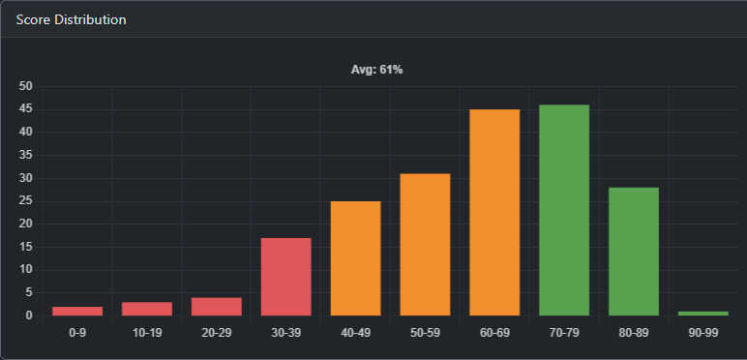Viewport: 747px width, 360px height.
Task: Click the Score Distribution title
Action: [x=71, y=19]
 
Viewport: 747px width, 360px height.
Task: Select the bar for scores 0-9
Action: [x=77, y=311]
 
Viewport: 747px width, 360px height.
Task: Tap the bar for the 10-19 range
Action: [x=147, y=309]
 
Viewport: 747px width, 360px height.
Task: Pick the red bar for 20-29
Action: [x=217, y=306]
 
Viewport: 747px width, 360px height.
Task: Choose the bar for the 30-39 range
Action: [x=286, y=277]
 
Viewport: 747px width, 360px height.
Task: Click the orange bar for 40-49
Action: [x=355, y=258]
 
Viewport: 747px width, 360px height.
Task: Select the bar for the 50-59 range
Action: [x=425, y=245]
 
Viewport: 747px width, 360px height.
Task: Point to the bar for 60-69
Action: [x=494, y=213]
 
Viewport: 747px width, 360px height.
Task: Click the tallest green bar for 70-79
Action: [x=564, y=210]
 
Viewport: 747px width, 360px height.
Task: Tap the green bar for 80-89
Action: [x=634, y=252]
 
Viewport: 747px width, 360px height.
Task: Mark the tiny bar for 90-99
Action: [x=703, y=313]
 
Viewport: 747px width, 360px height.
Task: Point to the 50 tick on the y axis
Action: [x=26, y=86]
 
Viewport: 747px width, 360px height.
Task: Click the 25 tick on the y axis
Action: [x=26, y=201]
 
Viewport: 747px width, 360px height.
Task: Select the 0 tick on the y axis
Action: [x=29, y=315]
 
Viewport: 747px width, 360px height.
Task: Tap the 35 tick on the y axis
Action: [x=26, y=155]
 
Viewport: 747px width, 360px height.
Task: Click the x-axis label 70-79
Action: [x=564, y=333]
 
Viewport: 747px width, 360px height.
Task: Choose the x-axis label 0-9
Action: [x=77, y=333]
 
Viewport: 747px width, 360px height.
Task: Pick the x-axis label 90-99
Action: [x=703, y=333]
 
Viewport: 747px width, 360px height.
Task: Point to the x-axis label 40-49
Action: [x=355, y=333]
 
